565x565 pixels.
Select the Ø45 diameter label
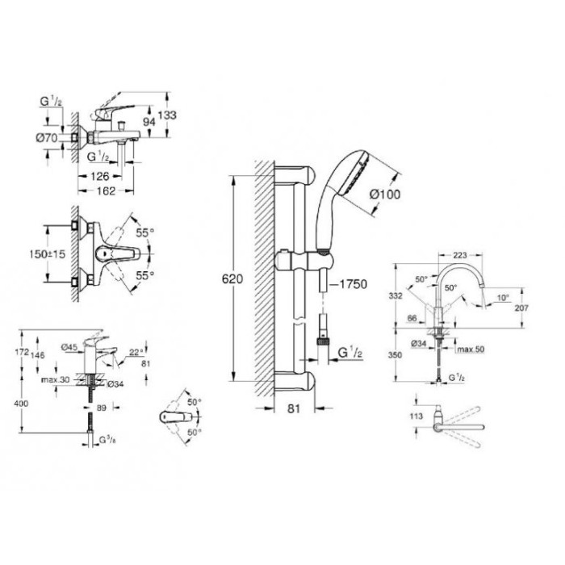coord(69,348)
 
